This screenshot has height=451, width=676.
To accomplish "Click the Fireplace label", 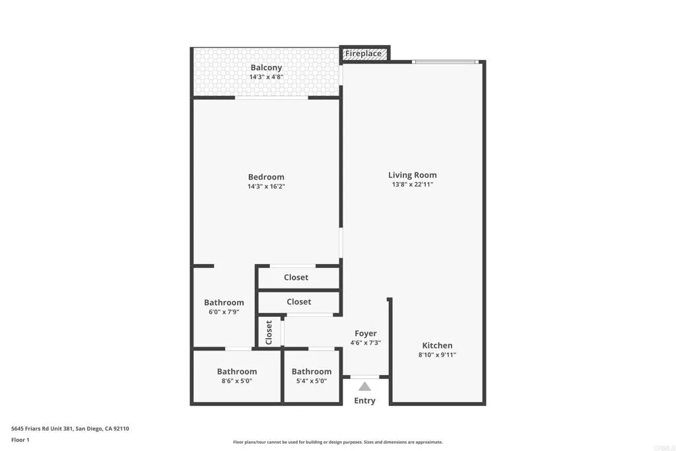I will (363, 53).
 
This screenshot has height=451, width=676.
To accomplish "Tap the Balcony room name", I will (266, 67).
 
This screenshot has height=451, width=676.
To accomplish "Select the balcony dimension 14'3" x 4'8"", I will (266, 77).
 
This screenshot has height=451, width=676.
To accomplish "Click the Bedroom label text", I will (266, 177).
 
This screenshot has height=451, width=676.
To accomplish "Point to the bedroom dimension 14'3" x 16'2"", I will (266, 187).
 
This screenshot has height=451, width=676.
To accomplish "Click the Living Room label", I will (413, 175).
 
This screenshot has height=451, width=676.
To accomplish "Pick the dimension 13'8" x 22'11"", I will (413, 185).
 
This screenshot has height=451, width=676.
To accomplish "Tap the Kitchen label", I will (438, 345).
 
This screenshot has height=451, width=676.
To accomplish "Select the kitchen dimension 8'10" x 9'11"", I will (438, 355).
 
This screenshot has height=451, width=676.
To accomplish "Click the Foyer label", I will (366, 333).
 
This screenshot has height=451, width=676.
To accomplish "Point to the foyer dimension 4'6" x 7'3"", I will (366, 343).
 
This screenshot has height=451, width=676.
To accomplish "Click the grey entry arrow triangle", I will (364, 386).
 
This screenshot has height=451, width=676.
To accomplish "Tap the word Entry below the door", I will (364, 401).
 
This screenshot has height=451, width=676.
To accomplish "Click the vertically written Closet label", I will (269, 332).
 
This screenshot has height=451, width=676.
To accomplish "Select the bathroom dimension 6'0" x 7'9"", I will (224, 312).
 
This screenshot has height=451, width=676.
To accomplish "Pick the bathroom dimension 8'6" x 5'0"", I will (237, 381).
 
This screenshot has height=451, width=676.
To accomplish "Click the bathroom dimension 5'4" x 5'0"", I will (312, 381).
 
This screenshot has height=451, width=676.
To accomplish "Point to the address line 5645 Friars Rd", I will (69, 429).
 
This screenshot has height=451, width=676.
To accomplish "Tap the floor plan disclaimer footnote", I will (337, 442).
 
